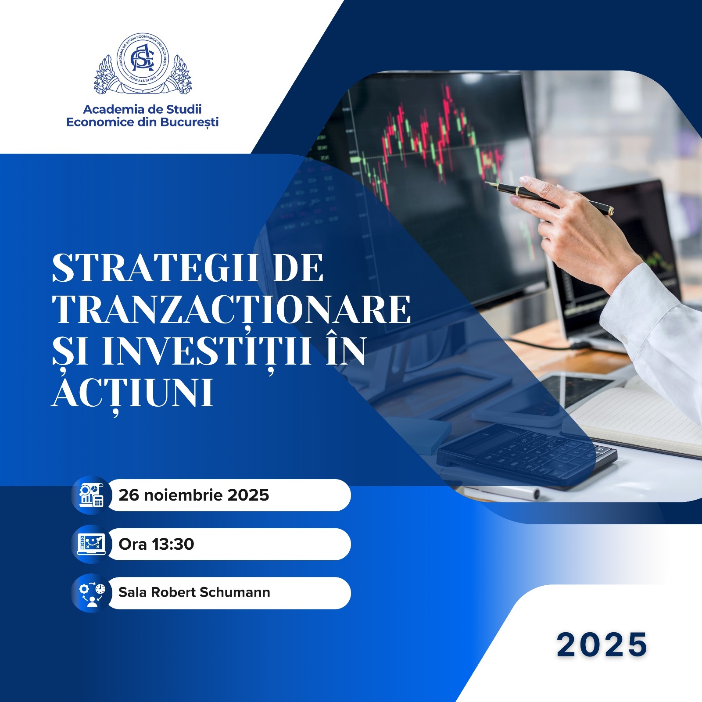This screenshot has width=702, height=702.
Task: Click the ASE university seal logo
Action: (143, 64)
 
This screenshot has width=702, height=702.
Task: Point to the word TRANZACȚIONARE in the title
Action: (231, 310)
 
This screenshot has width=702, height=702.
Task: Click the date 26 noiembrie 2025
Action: (193, 495)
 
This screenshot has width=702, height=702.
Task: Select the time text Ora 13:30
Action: (156, 544)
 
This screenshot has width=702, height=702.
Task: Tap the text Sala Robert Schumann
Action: (194, 592)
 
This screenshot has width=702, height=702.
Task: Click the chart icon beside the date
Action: (91, 495)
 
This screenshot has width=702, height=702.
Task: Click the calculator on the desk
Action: (526, 456)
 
